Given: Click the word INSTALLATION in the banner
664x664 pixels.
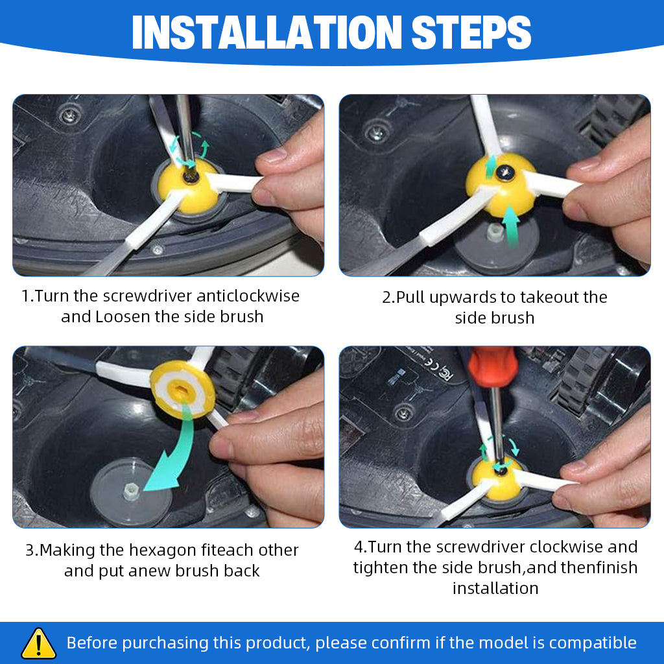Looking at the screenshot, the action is coord(267,32).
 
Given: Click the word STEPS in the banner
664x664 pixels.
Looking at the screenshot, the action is coord(471,32).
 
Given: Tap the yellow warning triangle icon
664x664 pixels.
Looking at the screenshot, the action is coord(38,643).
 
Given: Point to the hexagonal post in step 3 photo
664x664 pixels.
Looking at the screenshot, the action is coord(131,492).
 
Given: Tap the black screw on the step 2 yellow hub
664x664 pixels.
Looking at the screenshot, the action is coord(506,172).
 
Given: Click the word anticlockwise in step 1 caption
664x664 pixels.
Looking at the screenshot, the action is coord(248,296).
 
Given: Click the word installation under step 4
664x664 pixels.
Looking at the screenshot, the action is coord(495,588).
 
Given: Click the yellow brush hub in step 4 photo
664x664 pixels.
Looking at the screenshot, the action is coord(497,478).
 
